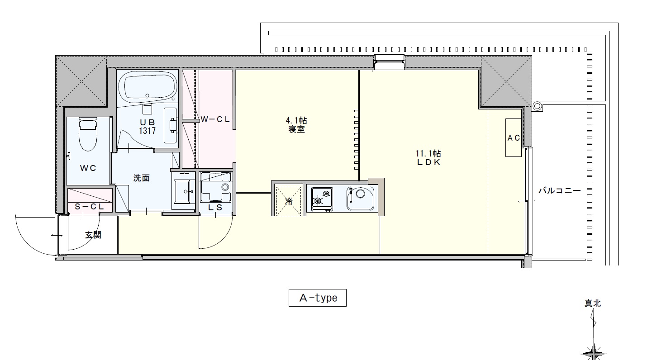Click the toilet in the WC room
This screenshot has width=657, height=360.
pos(88,134)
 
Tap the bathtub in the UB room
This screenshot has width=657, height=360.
pos(148,87)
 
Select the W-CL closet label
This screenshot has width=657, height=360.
pos(215,119)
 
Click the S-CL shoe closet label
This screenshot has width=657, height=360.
pos(89,207)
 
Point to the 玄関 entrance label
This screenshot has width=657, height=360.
pos(93,235)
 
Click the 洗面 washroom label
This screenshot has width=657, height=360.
pos(141,178)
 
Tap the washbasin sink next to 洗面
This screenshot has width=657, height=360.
pos(184,191)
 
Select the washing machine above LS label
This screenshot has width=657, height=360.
pos(215,187)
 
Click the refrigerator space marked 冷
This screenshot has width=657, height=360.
pos(289,201)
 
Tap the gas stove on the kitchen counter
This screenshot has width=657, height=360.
pos(322,199)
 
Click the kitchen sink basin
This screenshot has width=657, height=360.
pos(361,199)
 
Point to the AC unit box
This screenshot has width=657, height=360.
pos(513,137)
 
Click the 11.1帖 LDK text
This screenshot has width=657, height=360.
pos(428,158)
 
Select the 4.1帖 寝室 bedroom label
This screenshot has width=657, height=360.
pos(296,125)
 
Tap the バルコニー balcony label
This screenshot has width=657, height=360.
pos(559,191)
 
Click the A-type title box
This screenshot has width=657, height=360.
pos(318,298)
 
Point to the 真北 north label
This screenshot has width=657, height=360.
pos(593,303)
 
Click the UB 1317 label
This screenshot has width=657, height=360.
pos(147,127)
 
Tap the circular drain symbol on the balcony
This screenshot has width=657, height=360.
pos(537,106)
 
